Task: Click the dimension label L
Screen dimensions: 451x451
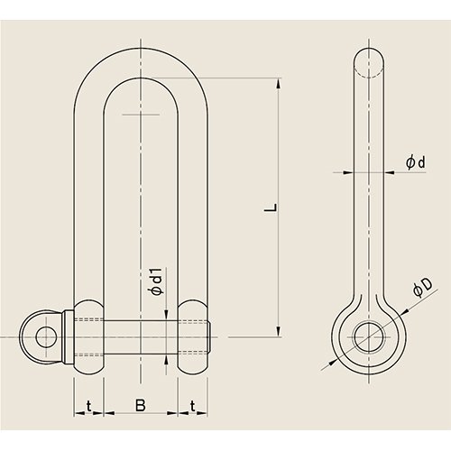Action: click(271, 207)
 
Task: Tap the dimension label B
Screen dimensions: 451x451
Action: click(140, 406)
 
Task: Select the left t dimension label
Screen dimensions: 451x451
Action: click(88, 406)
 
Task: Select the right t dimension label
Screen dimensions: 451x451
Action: click(193, 406)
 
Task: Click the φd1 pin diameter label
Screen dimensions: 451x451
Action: click(156, 281)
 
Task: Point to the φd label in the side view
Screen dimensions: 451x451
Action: click(416, 162)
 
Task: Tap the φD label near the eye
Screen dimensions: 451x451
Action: click(422, 288)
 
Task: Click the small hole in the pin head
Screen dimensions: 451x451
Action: click(46, 336)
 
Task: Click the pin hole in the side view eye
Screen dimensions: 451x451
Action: click(369, 336)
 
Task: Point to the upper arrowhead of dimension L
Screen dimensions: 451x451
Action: click(279, 83)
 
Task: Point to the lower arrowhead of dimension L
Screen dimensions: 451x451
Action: click(279, 332)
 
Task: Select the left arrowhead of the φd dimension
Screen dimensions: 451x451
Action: click(348, 172)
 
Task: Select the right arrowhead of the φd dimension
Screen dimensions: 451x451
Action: click(390, 172)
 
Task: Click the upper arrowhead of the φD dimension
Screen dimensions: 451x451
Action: click(405, 312)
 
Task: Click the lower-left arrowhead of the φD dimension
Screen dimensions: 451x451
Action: click(333, 362)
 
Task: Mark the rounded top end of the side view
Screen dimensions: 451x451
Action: click(369, 56)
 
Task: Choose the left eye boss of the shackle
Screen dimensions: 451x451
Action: click(88, 336)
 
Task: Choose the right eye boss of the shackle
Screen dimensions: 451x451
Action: click(193, 336)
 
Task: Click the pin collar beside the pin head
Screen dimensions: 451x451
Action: click(69, 336)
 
